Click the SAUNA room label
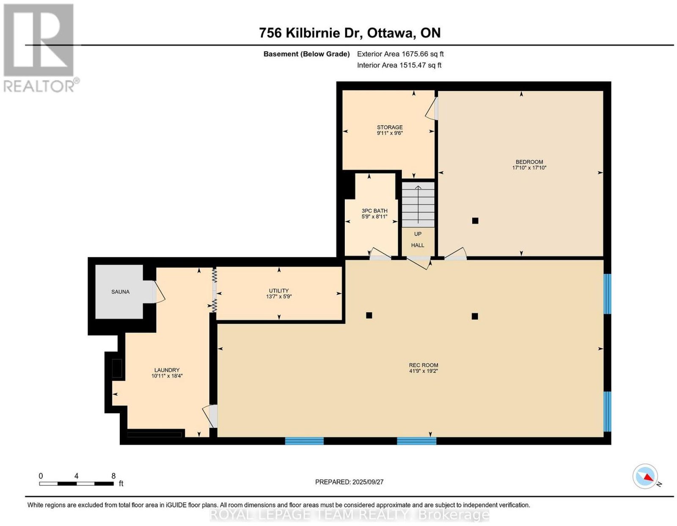click(120, 292)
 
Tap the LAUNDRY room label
click(167, 370)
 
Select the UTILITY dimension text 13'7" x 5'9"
click(279, 297)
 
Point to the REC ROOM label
click(424, 365)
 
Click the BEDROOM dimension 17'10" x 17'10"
click(529, 168)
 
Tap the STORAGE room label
click(390, 127)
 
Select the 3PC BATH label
click(374, 211)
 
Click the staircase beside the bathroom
click(418, 205)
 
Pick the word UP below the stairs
click(418, 234)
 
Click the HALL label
click(418, 245)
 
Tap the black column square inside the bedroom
click(475, 221)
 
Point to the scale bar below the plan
click(76, 484)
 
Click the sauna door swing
click(159, 292)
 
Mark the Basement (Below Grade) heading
click(307, 54)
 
